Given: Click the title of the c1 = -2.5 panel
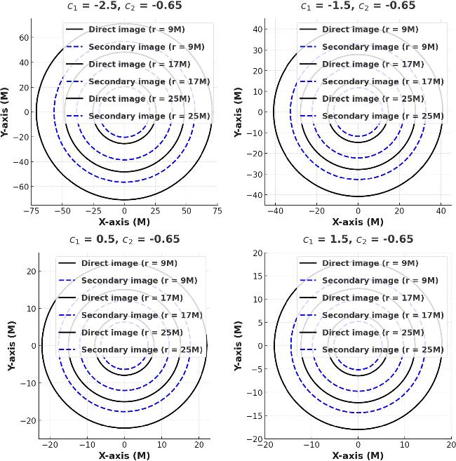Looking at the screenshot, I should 125,6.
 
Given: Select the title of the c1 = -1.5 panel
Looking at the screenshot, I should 358,6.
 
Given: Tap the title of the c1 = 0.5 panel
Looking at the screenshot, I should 125,239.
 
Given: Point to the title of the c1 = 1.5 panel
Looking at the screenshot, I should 358,239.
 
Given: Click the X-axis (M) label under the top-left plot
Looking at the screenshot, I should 125,222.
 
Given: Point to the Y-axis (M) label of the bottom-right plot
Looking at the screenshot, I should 239,345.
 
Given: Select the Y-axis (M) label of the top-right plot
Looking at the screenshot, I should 239,112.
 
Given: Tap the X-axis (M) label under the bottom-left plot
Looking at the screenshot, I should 125,455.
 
